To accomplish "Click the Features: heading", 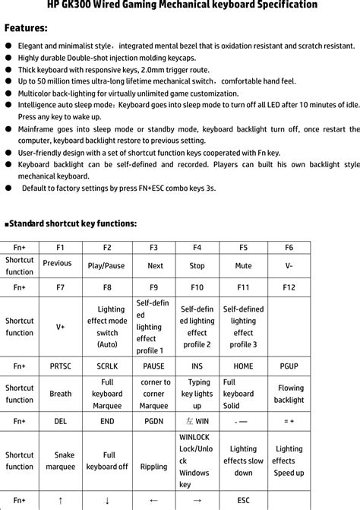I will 26,29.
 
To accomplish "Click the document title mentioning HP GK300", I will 180,5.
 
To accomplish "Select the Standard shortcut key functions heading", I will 71,223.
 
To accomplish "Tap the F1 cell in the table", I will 61,248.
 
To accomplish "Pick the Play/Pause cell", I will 106,266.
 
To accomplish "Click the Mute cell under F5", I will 244,266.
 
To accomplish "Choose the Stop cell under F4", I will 197,266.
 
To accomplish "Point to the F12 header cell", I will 289,288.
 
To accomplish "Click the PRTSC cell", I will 61,366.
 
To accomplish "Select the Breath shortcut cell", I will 61,394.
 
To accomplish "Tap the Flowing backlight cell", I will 289,394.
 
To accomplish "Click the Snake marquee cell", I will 61,461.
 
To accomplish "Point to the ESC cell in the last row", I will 244,501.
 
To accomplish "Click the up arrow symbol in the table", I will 61,501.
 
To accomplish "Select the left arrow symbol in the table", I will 153,501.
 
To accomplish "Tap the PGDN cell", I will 153,421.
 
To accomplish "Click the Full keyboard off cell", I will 106,461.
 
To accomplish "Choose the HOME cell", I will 244,366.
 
